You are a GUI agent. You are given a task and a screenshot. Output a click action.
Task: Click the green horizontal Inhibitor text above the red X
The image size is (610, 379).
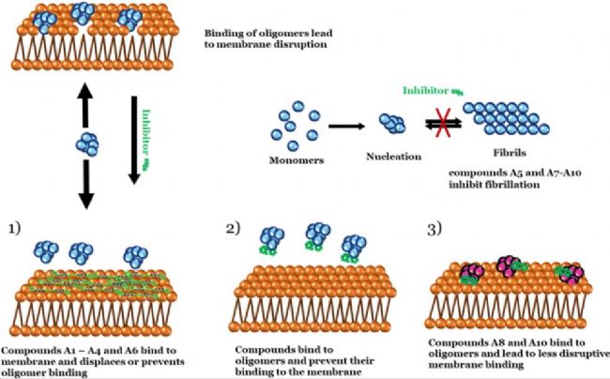427,91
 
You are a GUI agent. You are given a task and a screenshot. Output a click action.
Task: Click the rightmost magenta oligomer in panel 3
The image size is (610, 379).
571,272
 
